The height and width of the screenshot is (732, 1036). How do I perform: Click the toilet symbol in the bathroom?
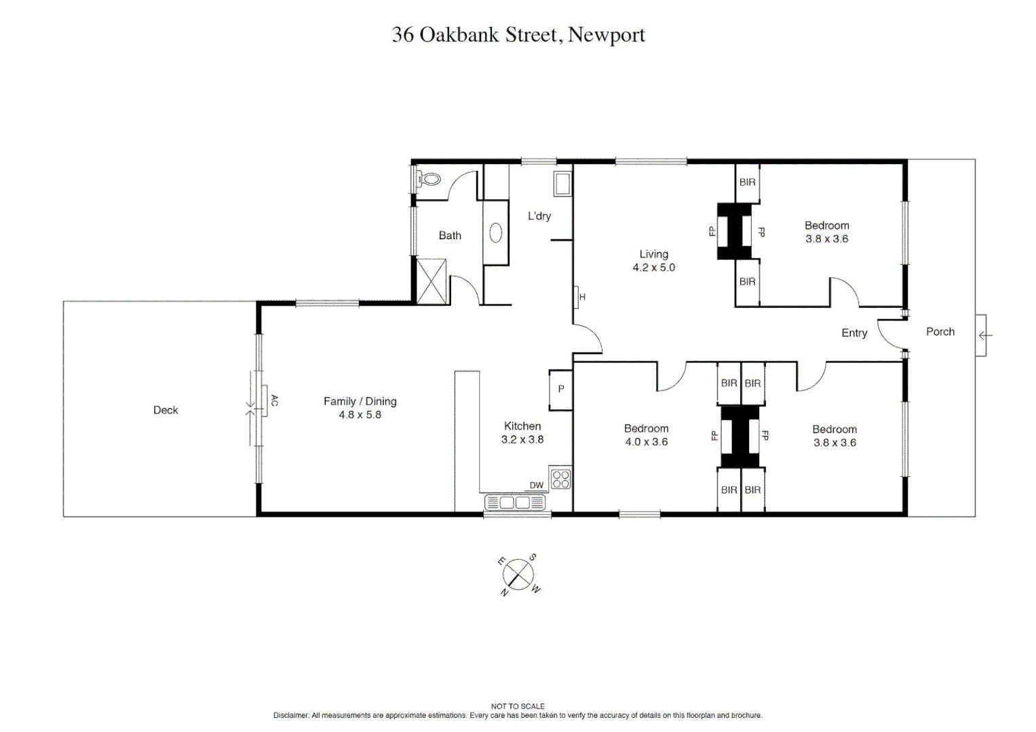click(x=428, y=180)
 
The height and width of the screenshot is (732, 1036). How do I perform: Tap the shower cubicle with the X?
click(x=431, y=281)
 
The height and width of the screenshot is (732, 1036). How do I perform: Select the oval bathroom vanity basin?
click(x=496, y=233)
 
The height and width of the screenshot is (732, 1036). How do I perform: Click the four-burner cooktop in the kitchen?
click(x=560, y=479)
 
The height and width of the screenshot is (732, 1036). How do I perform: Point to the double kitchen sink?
click(x=516, y=503)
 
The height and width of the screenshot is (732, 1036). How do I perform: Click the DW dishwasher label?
click(x=536, y=485)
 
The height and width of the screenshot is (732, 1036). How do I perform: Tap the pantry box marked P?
click(x=560, y=390)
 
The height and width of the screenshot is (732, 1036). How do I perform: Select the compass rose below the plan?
click(x=518, y=575)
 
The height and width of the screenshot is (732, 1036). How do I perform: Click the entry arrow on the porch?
click(x=985, y=335)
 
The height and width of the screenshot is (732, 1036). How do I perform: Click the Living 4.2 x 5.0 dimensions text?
click(x=653, y=268)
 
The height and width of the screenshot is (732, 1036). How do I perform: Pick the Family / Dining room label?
click(x=360, y=401)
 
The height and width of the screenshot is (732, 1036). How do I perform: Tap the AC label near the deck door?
click(x=274, y=401)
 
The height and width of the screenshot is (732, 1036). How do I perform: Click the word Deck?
click(x=166, y=410)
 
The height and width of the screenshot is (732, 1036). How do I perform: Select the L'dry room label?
click(x=539, y=216)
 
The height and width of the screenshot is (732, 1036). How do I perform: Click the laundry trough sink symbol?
click(x=562, y=184)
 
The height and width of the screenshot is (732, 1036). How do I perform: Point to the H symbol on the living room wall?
click(x=581, y=297)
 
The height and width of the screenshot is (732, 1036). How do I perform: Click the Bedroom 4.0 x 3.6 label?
click(x=646, y=435)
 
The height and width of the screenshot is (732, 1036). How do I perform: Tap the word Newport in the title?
click(x=606, y=35)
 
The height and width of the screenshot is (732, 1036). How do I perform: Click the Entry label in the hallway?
click(x=854, y=333)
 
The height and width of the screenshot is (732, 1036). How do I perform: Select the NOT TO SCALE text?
click(x=518, y=706)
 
